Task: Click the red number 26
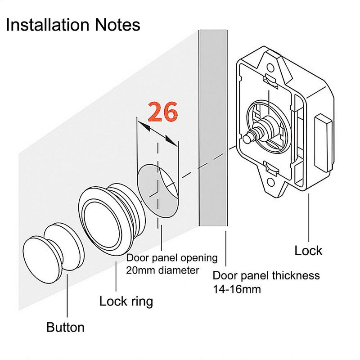163,112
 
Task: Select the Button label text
65,327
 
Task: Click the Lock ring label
126,301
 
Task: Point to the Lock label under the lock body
309,250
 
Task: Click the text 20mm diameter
162,270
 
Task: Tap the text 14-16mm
237,288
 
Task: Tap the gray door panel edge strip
213,135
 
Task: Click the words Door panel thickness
266,275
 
